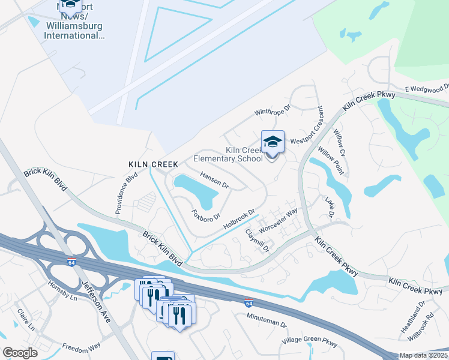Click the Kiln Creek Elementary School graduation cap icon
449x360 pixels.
point(273,143)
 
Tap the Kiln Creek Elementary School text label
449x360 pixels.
point(228,155)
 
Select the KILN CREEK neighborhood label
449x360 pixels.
point(153,164)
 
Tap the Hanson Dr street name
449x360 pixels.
point(215,181)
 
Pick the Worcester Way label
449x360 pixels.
point(278,221)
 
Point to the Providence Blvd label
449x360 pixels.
point(127,194)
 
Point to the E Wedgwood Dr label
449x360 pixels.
point(426,89)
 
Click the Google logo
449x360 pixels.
point(20,353)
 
